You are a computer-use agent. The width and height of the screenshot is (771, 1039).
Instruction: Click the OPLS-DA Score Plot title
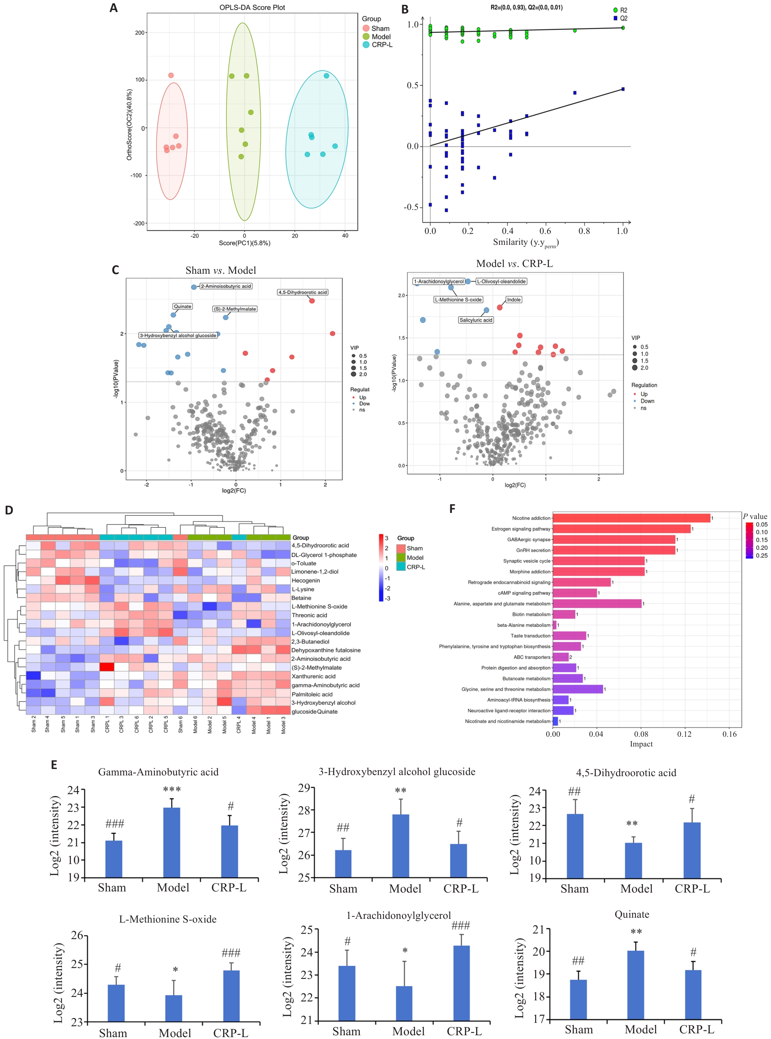(x=252, y=8)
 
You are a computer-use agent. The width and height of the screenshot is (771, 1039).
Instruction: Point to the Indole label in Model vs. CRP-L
(x=513, y=300)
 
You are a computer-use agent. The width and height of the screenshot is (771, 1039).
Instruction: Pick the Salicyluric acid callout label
(x=475, y=320)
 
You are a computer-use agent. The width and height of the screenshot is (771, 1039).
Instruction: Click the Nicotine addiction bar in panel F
(x=631, y=518)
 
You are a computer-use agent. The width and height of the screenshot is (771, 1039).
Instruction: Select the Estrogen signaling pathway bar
(x=621, y=529)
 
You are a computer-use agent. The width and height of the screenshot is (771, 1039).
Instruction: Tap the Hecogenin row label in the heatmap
(x=306, y=581)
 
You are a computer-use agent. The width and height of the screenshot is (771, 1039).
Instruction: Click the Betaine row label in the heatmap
(x=302, y=598)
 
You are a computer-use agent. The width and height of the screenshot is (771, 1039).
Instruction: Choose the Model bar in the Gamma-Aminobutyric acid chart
(x=172, y=842)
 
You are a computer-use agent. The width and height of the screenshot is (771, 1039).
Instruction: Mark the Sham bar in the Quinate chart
(x=578, y=999)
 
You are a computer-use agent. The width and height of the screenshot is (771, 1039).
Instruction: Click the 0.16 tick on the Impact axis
(x=729, y=734)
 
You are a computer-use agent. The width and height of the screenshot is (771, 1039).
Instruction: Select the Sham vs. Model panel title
(x=221, y=271)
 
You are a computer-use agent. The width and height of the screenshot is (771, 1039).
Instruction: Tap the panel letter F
(x=452, y=508)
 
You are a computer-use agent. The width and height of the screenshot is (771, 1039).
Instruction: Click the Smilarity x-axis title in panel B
(x=525, y=242)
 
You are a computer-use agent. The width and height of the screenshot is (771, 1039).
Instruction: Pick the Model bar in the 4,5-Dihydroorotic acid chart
(x=633, y=860)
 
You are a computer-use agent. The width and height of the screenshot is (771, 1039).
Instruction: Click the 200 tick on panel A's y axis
(x=140, y=33)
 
